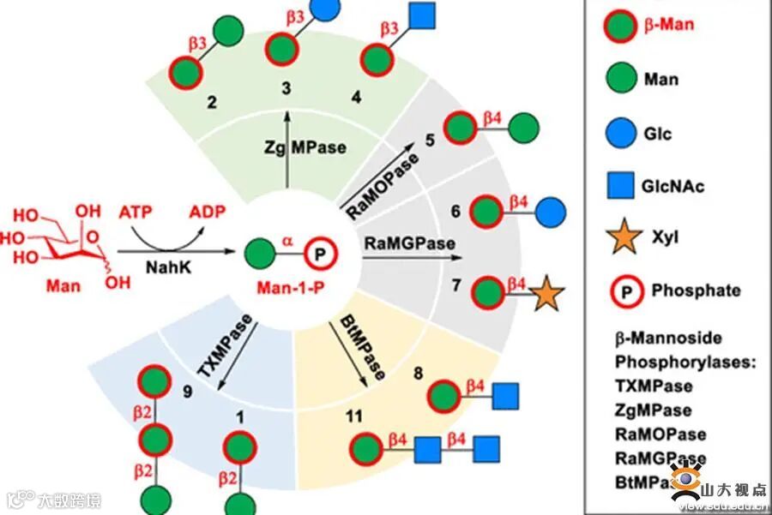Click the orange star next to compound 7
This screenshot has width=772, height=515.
[546, 295]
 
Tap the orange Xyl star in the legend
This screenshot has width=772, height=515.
[624, 236]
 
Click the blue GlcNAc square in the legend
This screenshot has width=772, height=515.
[624, 185]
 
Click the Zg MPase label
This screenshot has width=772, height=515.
[306, 147]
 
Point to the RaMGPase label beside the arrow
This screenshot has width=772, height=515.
[409, 243]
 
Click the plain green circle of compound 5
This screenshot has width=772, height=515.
[524, 129]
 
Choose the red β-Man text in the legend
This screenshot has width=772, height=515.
[670, 24]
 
